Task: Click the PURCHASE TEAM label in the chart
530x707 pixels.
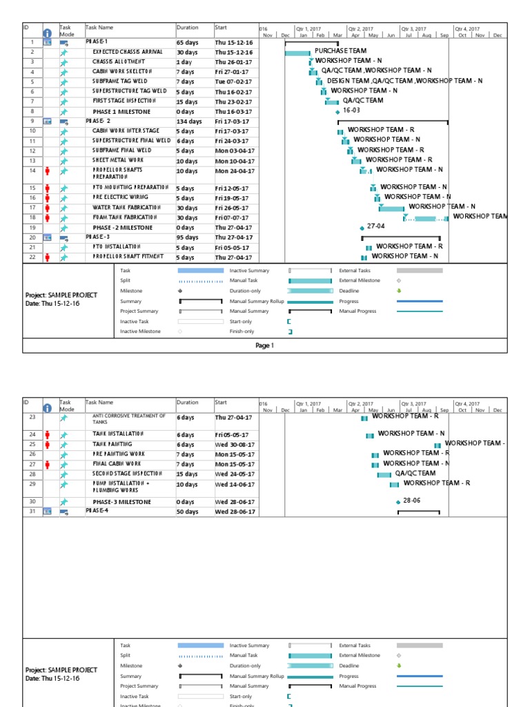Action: tap(340, 51)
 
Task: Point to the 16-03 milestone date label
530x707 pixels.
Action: tap(352, 110)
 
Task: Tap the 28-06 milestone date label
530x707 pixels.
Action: tap(412, 501)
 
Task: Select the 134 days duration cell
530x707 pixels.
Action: tap(189, 122)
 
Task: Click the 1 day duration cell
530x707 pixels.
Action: tap(184, 61)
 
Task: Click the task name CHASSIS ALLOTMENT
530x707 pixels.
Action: tap(121, 61)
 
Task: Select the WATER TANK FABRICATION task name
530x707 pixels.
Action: tap(126, 207)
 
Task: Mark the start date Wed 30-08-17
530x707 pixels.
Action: tap(235, 445)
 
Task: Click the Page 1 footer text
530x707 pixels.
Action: tap(264, 346)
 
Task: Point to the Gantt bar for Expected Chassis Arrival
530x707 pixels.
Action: tap(297, 52)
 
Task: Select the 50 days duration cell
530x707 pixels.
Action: tap(187, 512)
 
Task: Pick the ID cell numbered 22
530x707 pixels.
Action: tap(32, 257)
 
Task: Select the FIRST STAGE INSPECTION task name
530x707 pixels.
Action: tap(126, 101)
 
